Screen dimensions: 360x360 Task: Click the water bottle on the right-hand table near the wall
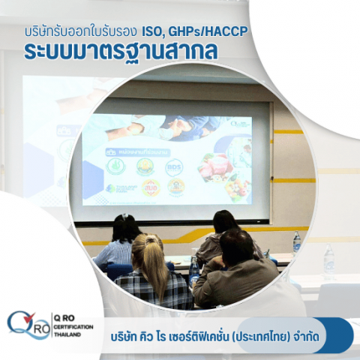click(x=296, y=241)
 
